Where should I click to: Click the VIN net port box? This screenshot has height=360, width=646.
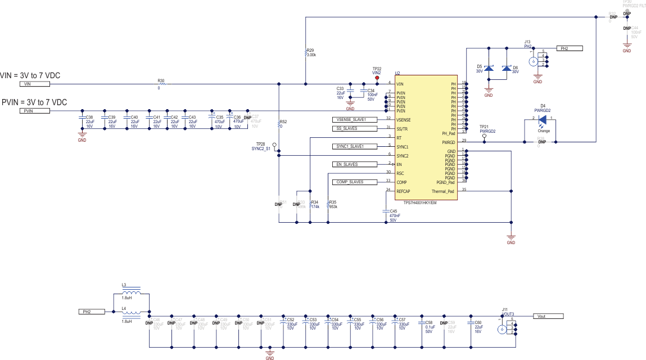coord(35,84)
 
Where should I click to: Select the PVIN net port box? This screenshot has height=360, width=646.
coord(35,111)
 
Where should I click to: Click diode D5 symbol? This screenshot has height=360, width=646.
coord(489,69)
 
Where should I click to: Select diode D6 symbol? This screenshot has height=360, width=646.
coord(507,69)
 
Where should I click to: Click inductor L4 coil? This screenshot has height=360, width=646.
coord(132,316)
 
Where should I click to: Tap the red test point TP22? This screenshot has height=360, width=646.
coord(377,78)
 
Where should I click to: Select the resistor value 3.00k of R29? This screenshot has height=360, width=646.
coord(311,55)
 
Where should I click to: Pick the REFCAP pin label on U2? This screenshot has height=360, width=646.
coord(404,191)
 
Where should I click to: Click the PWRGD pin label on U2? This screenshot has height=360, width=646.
coord(449,142)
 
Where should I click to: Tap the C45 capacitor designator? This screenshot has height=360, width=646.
coord(394,211)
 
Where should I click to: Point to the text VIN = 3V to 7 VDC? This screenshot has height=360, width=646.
coord(30,75)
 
